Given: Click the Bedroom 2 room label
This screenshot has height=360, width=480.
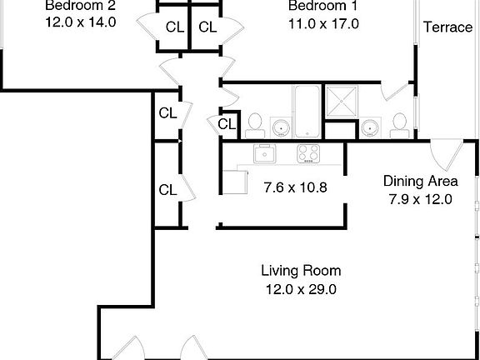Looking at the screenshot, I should (x=80, y=6).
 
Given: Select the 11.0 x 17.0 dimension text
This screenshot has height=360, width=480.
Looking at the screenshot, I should (x=322, y=23).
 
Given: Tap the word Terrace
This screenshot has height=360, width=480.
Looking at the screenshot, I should (x=447, y=27).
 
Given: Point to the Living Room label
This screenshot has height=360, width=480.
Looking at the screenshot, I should (x=301, y=271).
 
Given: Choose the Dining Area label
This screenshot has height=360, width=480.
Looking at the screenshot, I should (x=419, y=181).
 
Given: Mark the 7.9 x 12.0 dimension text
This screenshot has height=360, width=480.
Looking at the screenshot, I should (x=419, y=199).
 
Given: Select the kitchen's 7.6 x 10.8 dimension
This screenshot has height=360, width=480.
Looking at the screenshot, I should (x=294, y=187).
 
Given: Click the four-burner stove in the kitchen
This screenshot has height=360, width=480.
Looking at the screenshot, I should (x=309, y=153).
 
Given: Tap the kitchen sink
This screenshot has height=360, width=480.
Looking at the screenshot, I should (x=266, y=153).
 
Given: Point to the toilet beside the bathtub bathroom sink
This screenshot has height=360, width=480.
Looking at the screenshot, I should (x=255, y=124).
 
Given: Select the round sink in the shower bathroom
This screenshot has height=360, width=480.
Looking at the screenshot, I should (x=369, y=127).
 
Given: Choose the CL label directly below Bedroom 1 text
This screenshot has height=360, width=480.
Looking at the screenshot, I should (x=207, y=27).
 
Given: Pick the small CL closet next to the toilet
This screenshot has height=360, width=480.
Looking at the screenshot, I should (x=226, y=124).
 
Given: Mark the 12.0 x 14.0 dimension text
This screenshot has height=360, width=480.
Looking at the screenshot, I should (x=80, y=23).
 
